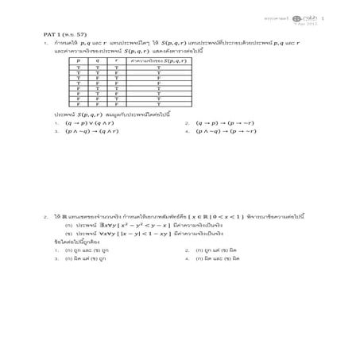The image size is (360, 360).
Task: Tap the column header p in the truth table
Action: [x=78, y=60]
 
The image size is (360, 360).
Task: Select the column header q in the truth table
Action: [x=98, y=60]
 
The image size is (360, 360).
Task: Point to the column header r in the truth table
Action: [x=118, y=60]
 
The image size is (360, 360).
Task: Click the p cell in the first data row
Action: [x=78, y=66]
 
